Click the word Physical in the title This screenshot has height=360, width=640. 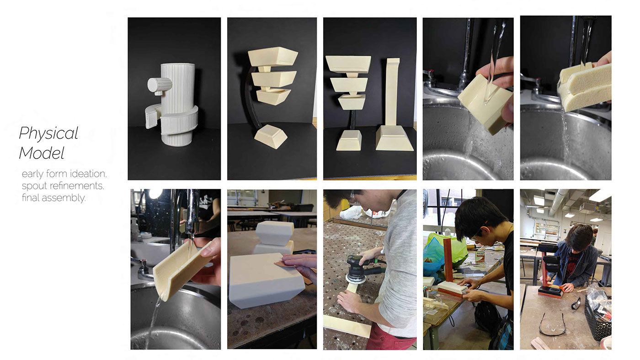click(48, 133)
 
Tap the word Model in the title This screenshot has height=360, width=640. click(41, 153)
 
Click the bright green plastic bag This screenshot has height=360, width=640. click(434, 251)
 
